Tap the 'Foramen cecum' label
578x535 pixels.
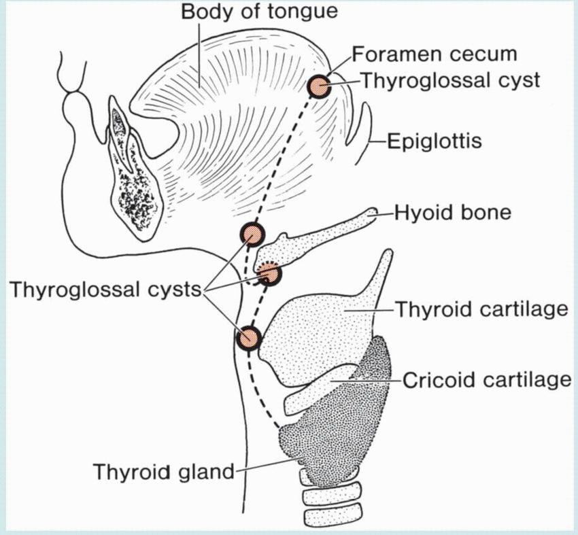(x=435, y=54)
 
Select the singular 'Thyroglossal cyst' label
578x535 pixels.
(x=449, y=80)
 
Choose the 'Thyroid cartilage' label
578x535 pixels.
(x=481, y=310)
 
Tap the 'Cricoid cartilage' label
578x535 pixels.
(x=487, y=379)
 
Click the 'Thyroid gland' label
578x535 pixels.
(x=163, y=471)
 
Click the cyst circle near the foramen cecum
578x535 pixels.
(x=318, y=86)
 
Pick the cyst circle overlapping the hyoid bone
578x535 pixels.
(x=271, y=273)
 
